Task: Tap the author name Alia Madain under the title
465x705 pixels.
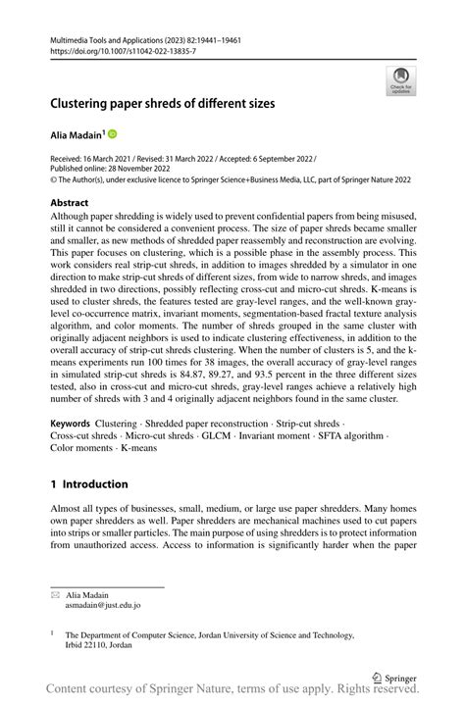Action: click(77, 133)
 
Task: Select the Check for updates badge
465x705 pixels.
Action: click(399, 81)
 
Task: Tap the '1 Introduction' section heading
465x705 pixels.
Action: click(89, 483)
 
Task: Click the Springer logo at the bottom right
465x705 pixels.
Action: click(393, 676)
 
